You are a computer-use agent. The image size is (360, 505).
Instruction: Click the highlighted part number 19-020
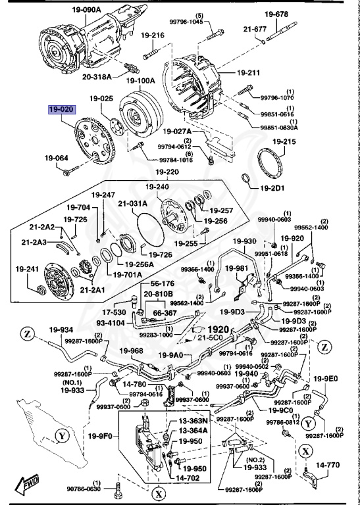[61, 110]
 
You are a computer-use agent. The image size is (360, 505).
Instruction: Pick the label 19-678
[276, 14]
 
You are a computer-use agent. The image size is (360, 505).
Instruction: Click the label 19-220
[167, 172]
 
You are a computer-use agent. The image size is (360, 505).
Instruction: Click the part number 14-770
[328, 464]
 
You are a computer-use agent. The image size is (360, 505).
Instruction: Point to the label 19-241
[28, 268]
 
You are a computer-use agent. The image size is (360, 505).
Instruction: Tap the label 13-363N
[194, 420]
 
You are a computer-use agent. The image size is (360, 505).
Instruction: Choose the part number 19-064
[57, 158]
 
